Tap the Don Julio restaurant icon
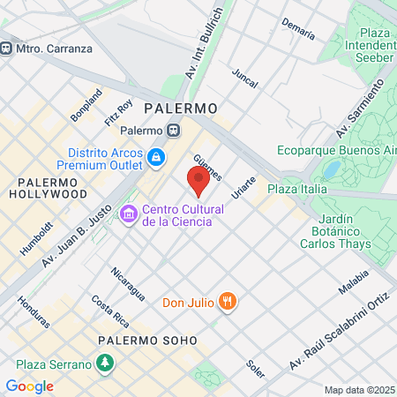coord(228,302)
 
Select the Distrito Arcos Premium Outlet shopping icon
coord(156,158)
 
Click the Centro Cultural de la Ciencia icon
coord(129,213)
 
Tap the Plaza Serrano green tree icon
coord(105,363)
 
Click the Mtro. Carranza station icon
coord(6,48)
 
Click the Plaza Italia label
coord(297,189)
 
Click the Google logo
coord(29,386)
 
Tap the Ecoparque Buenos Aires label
coord(338,150)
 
